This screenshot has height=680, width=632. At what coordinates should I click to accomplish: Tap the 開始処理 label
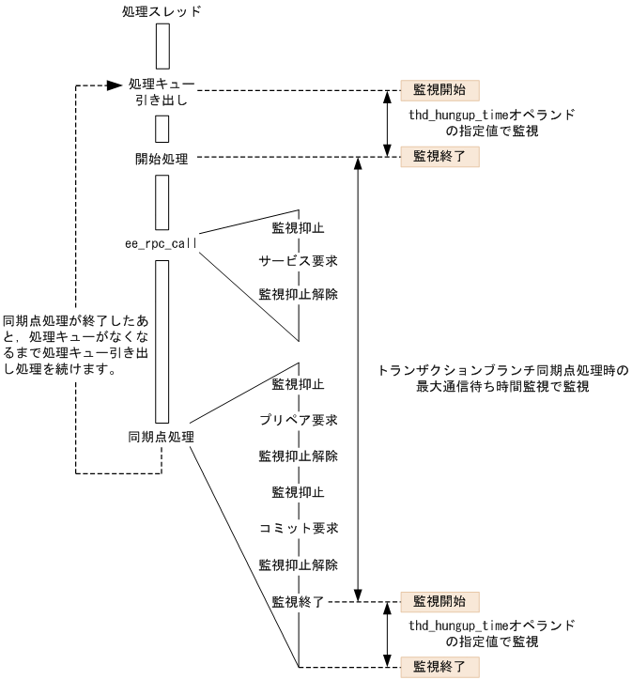coord(162,159)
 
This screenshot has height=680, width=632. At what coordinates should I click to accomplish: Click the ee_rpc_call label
coord(162,243)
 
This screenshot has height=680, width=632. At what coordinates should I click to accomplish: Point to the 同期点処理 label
coord(162,438)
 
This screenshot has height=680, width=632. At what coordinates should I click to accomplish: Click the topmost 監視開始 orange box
coord(439,90)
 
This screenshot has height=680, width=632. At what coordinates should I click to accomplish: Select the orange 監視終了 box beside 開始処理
coord(439,157)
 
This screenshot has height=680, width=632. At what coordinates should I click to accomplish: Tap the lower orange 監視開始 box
coord(439,599)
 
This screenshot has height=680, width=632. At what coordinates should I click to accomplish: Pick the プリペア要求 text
coord(299,419)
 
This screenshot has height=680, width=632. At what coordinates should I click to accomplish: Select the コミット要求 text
coord(299,528)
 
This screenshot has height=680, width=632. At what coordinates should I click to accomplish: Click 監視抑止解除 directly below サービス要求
coord(299,294)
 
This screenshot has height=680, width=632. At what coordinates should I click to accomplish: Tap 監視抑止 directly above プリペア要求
coord(299,384)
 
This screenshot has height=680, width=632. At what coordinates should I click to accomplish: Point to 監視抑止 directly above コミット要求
coord(299,492)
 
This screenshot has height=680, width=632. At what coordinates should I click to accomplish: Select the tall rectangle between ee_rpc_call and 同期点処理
coord(162,342)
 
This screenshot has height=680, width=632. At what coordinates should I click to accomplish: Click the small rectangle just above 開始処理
coord(162,127)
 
